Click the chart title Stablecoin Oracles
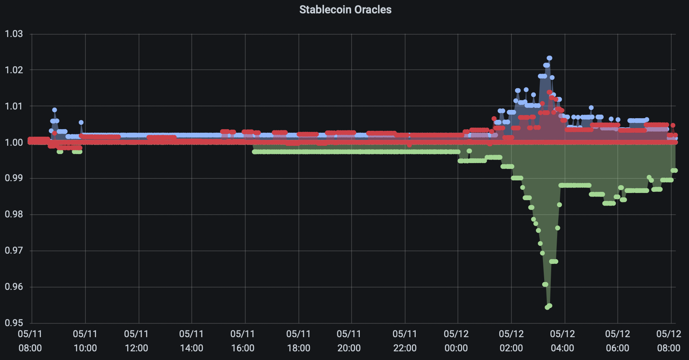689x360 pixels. (x=345, y=9)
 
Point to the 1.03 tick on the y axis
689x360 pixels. (x=14, y=34)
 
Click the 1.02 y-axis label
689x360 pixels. (x=14, y=70)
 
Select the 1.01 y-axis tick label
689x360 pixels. (x=14, y=106)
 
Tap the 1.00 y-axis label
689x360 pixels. (x=14, y=142)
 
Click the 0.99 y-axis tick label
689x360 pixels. (x=14, y=178)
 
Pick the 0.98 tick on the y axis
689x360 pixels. (x=14, y=214)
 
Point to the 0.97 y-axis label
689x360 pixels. (x=14, y=251)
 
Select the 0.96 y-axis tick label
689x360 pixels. (x=14, y=287)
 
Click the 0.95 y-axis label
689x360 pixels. (x=14, y=323)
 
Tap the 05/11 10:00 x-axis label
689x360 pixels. (x=85, y=341)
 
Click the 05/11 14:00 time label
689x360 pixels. (x=191, y=341)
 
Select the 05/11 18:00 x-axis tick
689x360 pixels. (x=298, y=341)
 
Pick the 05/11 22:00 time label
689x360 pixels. (x=405, y=341)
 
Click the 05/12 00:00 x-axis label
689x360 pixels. (x=456, y=341)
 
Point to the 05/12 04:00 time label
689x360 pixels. (x=562, y=341)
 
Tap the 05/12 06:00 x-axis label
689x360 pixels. (x=617, y=341)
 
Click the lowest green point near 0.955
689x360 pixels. (x=547, y=307)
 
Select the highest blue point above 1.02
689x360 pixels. (x=550, y=58)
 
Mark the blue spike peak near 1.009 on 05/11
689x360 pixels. (x=55, y=110)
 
